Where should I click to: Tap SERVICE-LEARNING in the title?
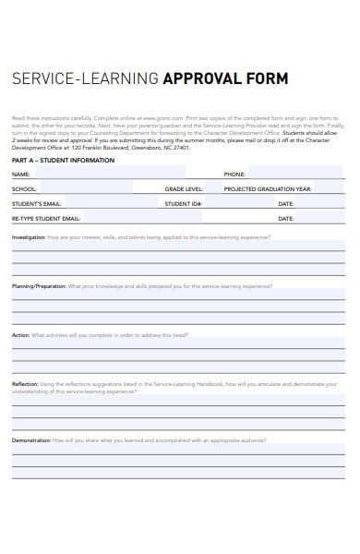tap(85, 78)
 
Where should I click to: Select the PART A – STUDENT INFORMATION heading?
tap(63, 161)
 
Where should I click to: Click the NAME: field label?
tap(21, 174)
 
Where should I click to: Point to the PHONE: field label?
tap(234, 174)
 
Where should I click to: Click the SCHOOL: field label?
tap(25, 188)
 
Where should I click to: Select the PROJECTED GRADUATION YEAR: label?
tap(269, 188)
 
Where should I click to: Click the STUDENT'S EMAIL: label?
tap(37, 203)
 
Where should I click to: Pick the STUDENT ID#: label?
tap(184, 203)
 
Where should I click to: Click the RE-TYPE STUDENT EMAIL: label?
tap(46, 219)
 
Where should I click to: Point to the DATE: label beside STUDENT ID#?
tap(286, 203)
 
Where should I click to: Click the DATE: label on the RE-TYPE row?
tap(286, 219)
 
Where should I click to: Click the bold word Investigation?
tap(28, 237)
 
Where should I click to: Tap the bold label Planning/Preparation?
tap(39, 286)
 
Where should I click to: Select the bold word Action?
tap(20, 335)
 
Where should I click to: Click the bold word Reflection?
tap(25, 384)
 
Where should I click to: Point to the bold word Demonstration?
tap(31, 440)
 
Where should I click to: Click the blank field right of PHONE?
tap(295, 174)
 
